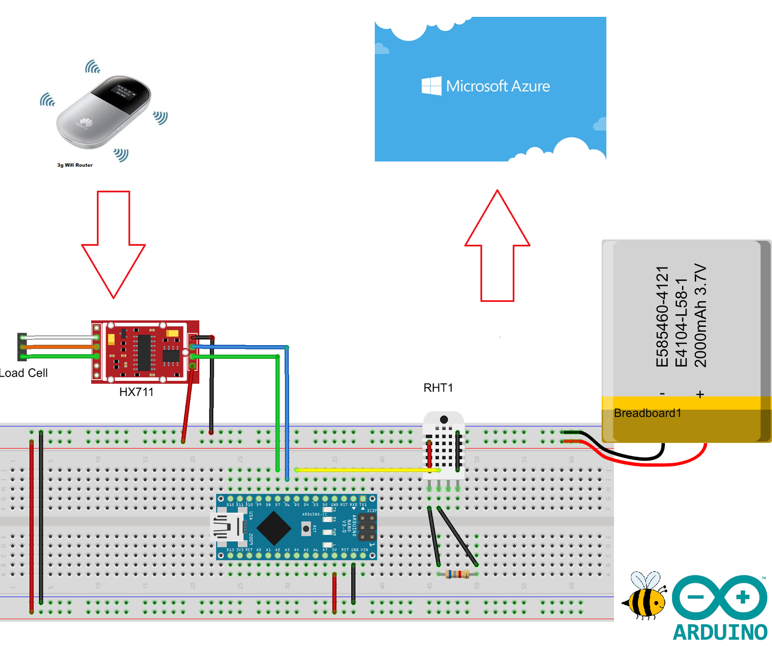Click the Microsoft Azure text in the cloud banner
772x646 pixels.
click(x=497, y=86)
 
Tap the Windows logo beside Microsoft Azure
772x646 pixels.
click(x=431, y=86)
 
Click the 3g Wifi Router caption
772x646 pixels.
click(x=75, y=165)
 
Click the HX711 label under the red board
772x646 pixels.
click(x=136, y=392)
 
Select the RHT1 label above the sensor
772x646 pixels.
click(x=438, y=388)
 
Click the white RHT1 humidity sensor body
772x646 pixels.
click(x=444, y=447)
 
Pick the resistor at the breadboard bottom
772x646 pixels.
click(x=457, y=574)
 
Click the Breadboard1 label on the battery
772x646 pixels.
click(x=647, y=413)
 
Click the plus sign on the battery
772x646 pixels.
click(x=700, y=394)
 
